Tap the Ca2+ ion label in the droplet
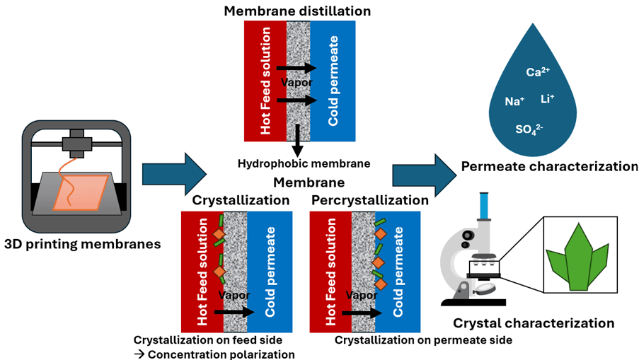[x=535, y=72]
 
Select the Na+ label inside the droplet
[x=514, y=102]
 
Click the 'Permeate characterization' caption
[x=549, y=167]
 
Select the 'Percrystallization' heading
[x=369, y=200]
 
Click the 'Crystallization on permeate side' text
[x=423, y=340]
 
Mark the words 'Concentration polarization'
[x=220, y=354]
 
